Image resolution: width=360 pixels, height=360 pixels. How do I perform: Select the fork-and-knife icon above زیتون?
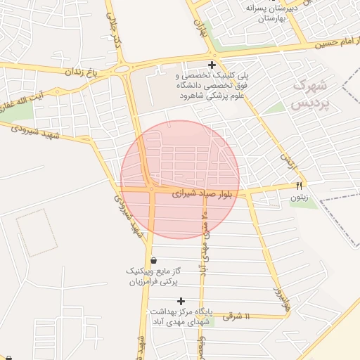[x=299, y=186]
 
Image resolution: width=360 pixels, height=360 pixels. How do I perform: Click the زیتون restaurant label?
[x=299, y=198]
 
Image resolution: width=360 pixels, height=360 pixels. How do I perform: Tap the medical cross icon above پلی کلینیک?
[x=212, y=65]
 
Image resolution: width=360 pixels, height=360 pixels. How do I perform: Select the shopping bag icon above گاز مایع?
[x=153, y=260]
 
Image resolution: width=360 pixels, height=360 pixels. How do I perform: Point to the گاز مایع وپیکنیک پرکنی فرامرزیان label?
[x=153, y=276]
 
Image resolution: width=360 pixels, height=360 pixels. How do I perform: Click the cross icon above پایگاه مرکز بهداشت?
[x=181, y=301]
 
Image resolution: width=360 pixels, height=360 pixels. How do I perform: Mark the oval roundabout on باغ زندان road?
[x=124, y=67]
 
